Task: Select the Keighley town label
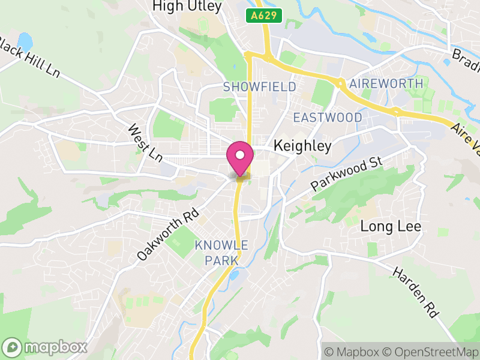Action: click(302, 146)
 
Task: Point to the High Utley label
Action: click(187, 7)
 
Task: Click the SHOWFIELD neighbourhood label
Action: click(259, 87)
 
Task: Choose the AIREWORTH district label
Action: click(386, 83)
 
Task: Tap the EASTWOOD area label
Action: click(328, 118)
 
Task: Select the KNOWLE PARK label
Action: click(221, 253)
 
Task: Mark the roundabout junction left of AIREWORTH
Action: click(340, 83)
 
